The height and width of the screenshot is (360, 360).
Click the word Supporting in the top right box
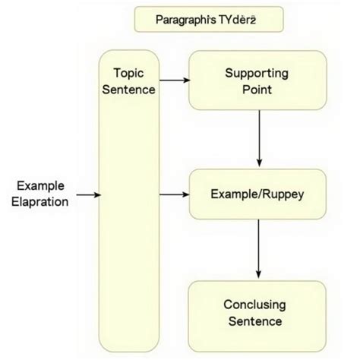257,73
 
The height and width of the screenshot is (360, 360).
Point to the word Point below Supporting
257,90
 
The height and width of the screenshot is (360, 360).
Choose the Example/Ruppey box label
257,195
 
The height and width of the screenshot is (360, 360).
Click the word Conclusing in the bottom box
254,305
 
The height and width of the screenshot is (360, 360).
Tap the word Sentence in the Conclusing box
254,321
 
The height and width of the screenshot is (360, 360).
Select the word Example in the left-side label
39,186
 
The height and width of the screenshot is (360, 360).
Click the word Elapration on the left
39,202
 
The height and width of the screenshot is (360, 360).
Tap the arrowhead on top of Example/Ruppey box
261,164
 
